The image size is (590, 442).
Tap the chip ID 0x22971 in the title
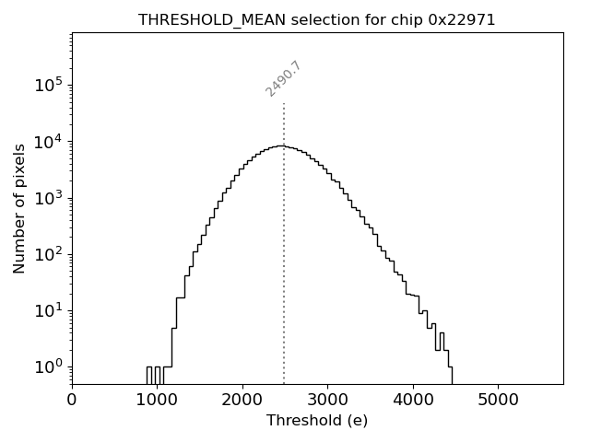pos(462,19)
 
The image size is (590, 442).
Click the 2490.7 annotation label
pos(283,79)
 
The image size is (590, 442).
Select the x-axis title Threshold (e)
pos(317,421)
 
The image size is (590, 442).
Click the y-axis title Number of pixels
pos(19,208)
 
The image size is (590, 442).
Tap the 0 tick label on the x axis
pos(72,400)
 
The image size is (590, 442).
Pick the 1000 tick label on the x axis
pos(157,400)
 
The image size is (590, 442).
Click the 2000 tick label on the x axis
pos(242,400)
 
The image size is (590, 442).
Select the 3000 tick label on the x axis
pos(327,400)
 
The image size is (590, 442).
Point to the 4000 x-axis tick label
pos(413,400)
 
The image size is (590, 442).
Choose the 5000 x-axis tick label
pos(498,400)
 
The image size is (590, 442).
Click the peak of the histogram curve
pos(280,145)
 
